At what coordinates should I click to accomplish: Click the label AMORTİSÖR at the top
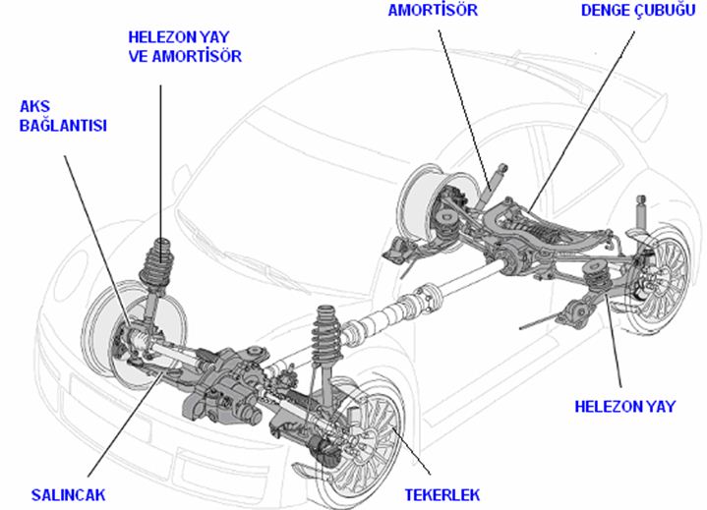[x=434, y=10]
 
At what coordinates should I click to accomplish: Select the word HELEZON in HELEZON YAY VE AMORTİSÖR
[x=158, y=36]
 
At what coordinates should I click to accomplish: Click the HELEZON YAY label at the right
[x=625, y=406]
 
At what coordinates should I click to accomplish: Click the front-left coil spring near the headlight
[x=158, y=265]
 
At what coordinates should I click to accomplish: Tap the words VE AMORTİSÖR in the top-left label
[x=185, y=56]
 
